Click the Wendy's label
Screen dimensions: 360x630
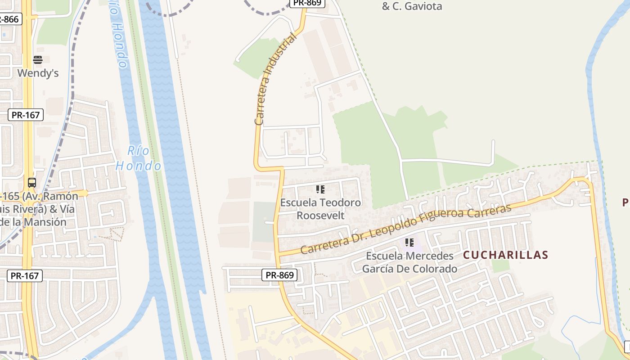click(x=38, y=73)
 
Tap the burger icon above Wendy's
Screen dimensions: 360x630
click(x=38, y=60)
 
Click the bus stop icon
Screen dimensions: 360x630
click(x=32, y=183)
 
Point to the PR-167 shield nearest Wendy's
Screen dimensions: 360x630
click(x=26, y=115)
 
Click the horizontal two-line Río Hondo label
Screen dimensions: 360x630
click(x=138, y=158)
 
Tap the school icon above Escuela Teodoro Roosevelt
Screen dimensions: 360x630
click(x=320, y=189)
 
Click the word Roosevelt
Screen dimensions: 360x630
click(x=320, y=216)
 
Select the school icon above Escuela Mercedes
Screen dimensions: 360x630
click(x=409, y=243)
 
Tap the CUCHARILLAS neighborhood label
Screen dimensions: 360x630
click(x=505, y=255)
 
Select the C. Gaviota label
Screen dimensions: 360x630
click(x=412, y=6)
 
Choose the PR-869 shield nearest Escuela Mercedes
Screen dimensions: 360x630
click(x=279, y=275)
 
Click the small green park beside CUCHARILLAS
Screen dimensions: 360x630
click(x=500, y=265)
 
